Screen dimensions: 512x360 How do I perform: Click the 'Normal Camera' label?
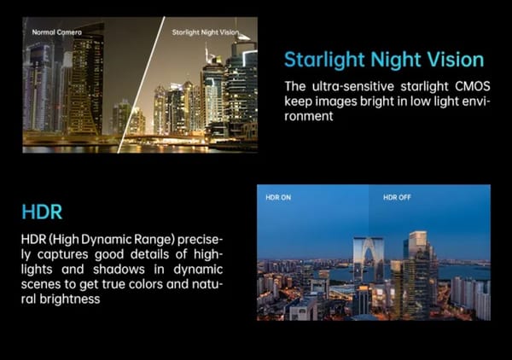point(57,32)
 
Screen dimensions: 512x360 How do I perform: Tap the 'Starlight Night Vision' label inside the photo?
point(206,32)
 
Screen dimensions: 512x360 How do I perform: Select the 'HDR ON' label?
point(278,197)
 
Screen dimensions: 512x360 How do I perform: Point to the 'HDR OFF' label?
point(397,197)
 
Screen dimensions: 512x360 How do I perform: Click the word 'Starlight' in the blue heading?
point(324,61)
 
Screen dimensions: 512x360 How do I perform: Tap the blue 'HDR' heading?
point(42,212)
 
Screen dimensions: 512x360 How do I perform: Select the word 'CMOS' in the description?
point(473,86)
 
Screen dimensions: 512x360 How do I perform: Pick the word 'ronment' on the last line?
point(309,116)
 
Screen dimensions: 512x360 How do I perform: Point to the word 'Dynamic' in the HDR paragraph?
point(106,240)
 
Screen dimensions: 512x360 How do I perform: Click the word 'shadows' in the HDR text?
point(119,270)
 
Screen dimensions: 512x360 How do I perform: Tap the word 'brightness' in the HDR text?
point(70,299)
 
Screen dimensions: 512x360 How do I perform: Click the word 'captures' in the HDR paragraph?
point(62,255)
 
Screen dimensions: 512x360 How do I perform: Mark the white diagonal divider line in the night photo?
point(141,84)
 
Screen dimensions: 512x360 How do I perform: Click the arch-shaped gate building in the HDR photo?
point(369,258)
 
